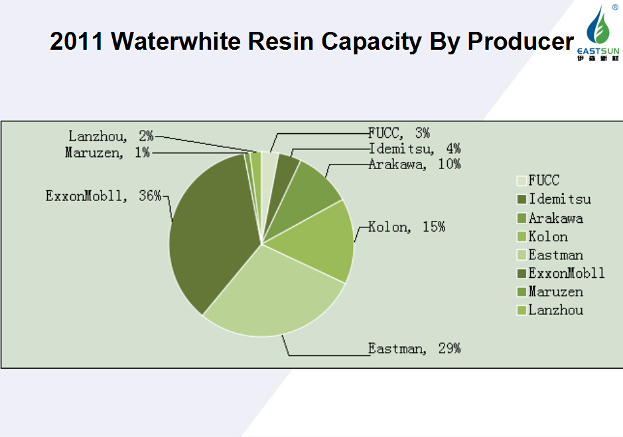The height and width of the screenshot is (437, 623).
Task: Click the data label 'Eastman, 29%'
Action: pyautogui.click(x=415, y=347)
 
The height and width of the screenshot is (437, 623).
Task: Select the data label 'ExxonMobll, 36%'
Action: pyautogui.click(x=103, y=196)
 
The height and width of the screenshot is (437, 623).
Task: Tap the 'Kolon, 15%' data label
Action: pyautogui.click(x=407, y=227)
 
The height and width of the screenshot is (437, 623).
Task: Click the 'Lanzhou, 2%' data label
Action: pyautogui.click(x=111, y=136)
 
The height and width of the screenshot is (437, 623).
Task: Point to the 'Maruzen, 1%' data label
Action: pyautogui.click(x=107, y=153)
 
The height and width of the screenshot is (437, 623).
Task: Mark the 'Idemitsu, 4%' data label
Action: pyautogui.click(x=415, y=149)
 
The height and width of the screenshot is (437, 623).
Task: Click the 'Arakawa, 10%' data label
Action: pyautogui.click(x=415, y=164)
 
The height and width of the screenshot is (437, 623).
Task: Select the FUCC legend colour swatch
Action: pyautogui.click(x=521, y=180)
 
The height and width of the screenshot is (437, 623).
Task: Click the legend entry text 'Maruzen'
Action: pyautogui.click(x=556, y=291)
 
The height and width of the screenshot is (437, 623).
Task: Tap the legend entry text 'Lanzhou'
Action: pyautogui.click(x=556, y=310)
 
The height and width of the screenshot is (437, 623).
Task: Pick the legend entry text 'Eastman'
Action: pyautogui.click(x=556, y=255)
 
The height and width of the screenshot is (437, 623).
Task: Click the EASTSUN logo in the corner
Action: pyautogui.click(x=600, y=33)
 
